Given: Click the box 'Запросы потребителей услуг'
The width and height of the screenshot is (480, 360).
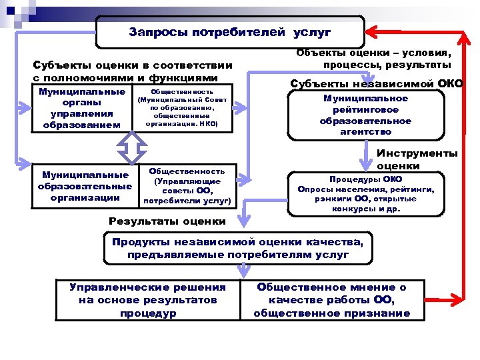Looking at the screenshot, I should click(x=230, y=32).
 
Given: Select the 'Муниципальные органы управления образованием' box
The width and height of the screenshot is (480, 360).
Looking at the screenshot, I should click(x=82, y=107).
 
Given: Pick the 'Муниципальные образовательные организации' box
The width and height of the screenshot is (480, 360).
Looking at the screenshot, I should click(x=85, y=186).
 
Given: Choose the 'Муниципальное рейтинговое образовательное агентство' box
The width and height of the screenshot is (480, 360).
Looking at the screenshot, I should click(x=365, y=115).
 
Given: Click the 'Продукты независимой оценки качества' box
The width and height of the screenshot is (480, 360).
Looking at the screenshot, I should click(x=239, y=248).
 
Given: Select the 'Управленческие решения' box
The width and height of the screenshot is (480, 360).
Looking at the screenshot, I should click(x=148, y=299).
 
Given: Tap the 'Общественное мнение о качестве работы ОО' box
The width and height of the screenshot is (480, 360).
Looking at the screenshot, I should click(x=332, y=300).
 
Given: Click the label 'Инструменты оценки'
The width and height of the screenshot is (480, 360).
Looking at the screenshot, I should click(x=417, y=159).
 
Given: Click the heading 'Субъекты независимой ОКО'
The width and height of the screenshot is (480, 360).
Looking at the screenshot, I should click(x=377, y=83).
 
